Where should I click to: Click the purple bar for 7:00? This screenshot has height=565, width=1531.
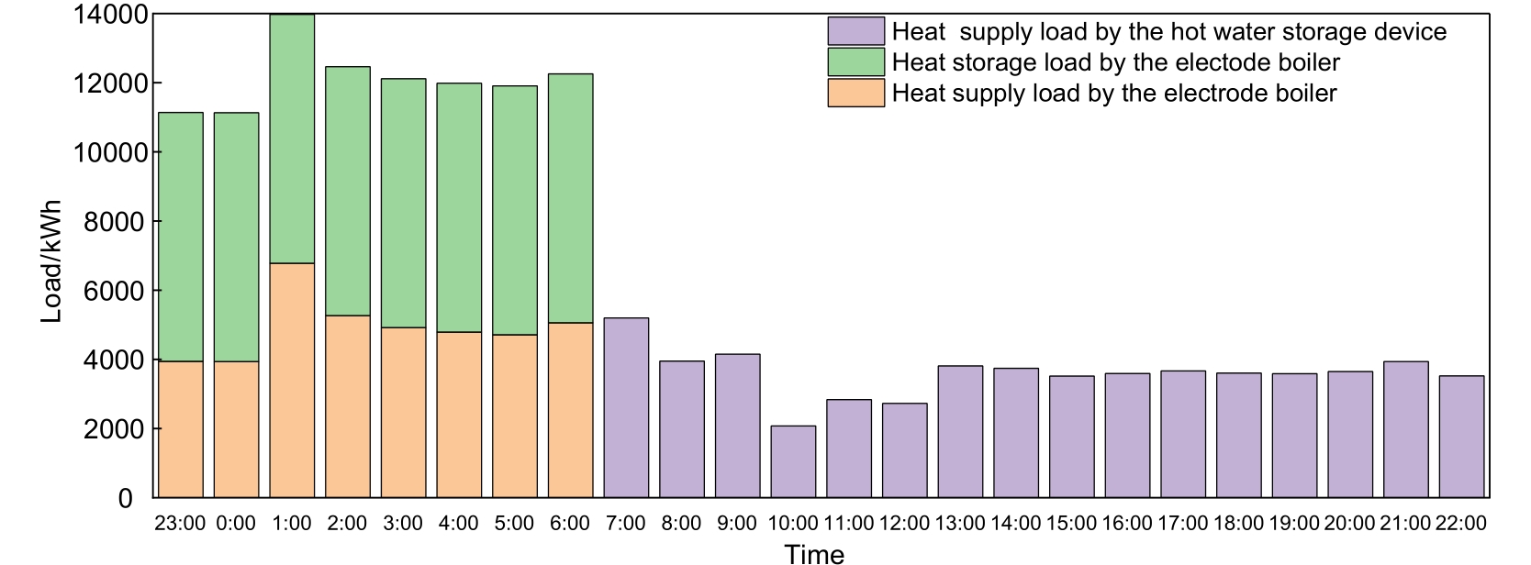click(x=626, y=407)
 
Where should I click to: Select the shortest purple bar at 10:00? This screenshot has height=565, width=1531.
click(x=793, y=461)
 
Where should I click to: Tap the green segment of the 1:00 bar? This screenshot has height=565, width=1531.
click(x=292, y=138)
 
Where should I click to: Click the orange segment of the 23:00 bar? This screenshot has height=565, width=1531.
click(x=181, y=429)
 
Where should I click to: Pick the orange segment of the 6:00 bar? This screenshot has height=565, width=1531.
click(x=570, y=410)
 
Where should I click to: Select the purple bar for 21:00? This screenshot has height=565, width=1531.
click(x=1406, y=429)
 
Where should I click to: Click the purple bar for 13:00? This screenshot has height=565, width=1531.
click(x=960, y=431)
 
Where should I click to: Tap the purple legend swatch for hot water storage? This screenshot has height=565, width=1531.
click(x=855, y=32)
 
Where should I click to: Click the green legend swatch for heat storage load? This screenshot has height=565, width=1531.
click(x=855, y=62)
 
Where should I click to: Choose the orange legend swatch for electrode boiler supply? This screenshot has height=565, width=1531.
click(x=855, y=93)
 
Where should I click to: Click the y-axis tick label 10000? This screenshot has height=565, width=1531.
click(x=109, y=153)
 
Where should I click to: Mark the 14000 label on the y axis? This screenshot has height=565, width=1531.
click(x=109, y=15)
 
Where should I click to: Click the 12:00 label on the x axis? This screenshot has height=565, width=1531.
click(x=904, y=524)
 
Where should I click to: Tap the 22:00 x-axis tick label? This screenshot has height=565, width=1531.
click(x=1461, y=524)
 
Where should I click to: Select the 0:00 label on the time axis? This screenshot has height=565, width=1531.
click(x=236, y=524)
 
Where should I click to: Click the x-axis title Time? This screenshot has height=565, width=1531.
click(x=814, y=553)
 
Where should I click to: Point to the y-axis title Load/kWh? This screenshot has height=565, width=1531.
click(x=52, y=260)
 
